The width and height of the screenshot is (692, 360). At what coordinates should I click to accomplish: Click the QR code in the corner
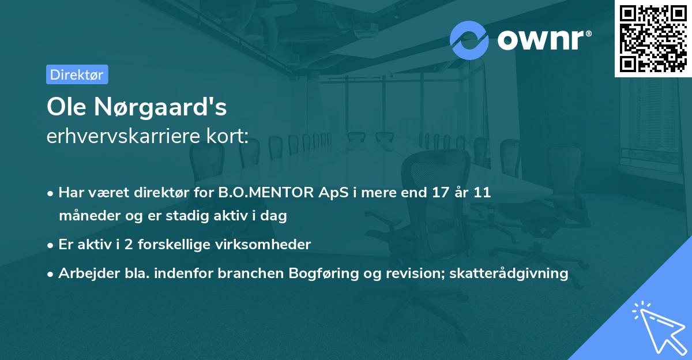(653, 39)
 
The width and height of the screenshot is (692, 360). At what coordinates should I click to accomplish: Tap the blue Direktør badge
(77, 74)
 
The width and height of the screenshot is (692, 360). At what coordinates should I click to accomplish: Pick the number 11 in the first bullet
(483, 193)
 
